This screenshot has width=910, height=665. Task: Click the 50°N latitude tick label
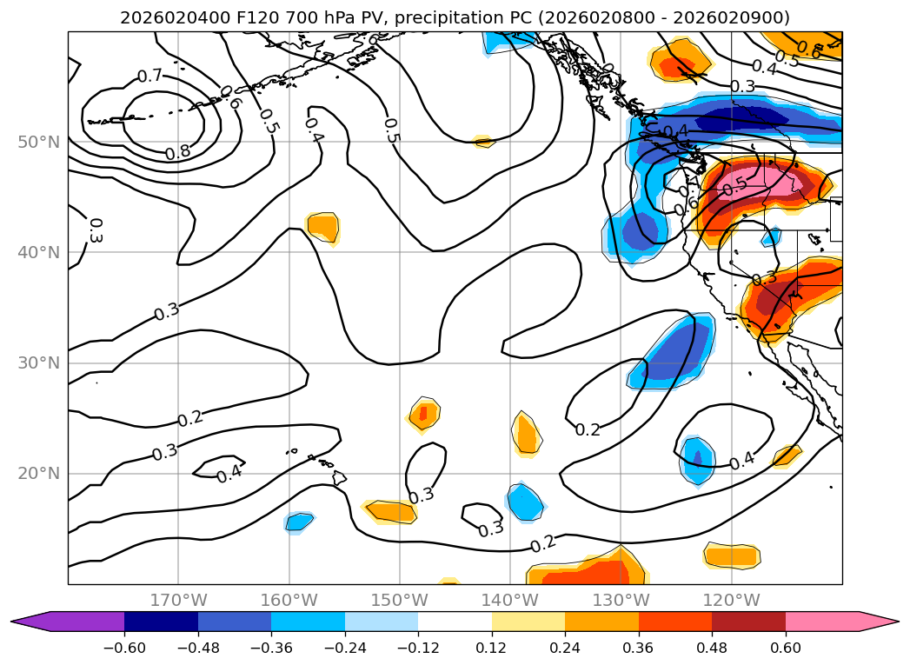point(38,142)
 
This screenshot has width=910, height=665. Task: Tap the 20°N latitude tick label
point(38,474)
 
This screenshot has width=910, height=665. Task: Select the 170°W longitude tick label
point(178,600)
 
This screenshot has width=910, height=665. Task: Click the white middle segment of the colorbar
point(455,621)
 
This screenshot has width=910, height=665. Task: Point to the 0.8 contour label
point(177,152)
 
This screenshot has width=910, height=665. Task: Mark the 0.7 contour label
point(149,76)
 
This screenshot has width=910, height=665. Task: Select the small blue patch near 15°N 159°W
point(299,522)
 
